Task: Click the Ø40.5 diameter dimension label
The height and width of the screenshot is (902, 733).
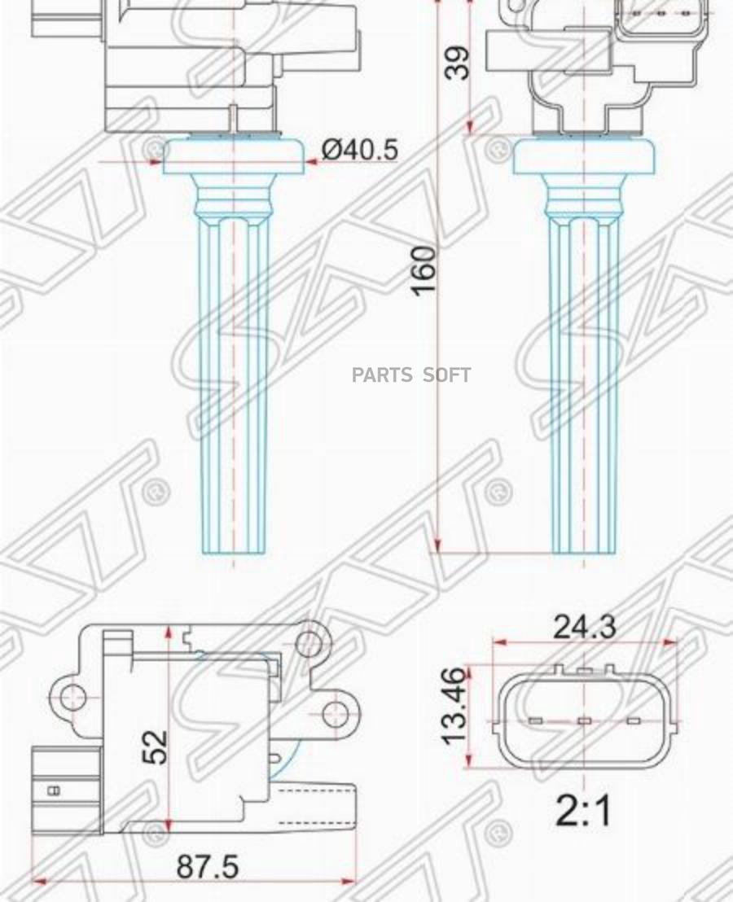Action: coord(359,150)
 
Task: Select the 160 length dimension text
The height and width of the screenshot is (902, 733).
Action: coord(424,270)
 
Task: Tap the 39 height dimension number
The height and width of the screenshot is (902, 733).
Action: coord(459,63)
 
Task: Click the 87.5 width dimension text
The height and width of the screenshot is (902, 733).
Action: coord(208,867)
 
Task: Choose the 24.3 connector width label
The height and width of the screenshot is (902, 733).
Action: coord(585,627)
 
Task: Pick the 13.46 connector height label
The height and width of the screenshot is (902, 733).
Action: coord(454,705)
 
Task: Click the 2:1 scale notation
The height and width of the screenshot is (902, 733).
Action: coord(583,811)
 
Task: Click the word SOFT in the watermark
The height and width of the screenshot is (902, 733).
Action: coord(446,375)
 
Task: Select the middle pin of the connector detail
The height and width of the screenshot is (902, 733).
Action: coord(584,721)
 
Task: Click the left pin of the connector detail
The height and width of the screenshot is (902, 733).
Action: coord(535,721)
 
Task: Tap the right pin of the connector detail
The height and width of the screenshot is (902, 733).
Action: coord(633,721)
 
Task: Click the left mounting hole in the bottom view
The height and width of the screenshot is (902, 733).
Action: coord(72,696)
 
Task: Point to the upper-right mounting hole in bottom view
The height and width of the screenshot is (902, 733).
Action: coord(308,643)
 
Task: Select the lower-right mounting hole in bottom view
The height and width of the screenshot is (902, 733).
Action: coord(335,714)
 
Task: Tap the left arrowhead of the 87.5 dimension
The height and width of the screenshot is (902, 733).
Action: coord(37,881)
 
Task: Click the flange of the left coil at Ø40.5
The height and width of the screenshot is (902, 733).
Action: coord(234,157)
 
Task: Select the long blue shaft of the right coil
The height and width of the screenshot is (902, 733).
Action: coord(583,383)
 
